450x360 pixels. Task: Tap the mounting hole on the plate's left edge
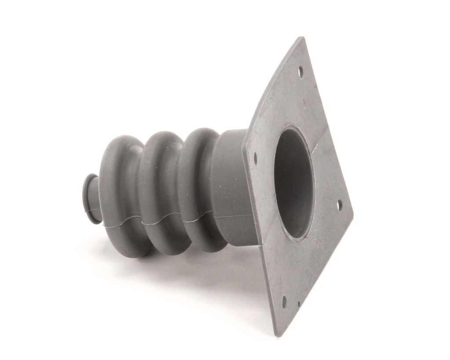[x=255, y=158]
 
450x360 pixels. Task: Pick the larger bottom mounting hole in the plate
[x=284, y=302]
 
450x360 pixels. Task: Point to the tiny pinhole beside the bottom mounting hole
[x=298, y=304]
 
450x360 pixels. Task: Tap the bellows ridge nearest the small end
[x=119, y=193]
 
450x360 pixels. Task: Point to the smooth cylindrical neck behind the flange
[x=233, y=185]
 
